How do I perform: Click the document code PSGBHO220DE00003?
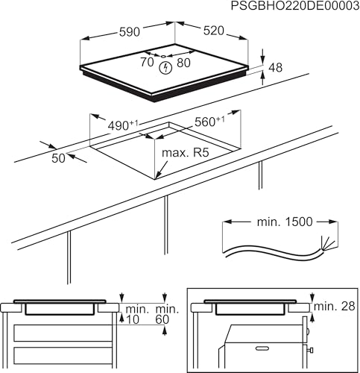tap(294, 7)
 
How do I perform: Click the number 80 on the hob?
tap(183, 63)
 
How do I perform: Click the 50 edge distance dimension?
tap(57, 157)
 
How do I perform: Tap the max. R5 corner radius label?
tap(183, 154)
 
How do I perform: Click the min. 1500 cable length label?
tap(271, 222)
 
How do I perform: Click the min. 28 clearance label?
tap(334, 307)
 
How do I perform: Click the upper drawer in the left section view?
tap(63, 331)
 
